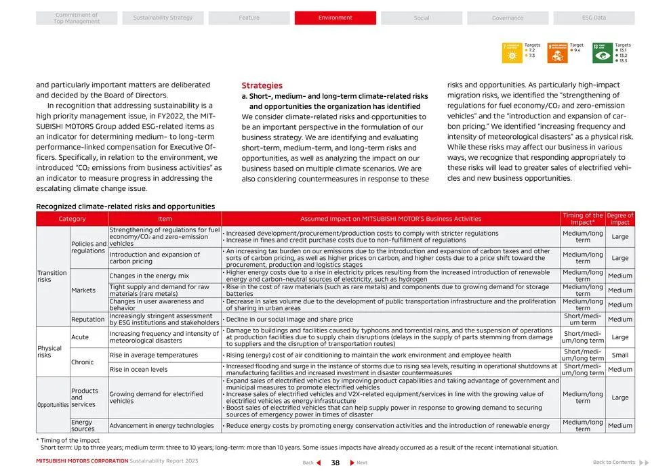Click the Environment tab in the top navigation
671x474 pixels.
(335, 18)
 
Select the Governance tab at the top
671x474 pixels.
(508, 18)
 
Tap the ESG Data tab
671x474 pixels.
(594, 18)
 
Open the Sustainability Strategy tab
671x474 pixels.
(163, 18)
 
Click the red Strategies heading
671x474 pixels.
(262, 86)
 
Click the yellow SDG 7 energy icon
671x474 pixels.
(512, 53)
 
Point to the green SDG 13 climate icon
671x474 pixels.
(602, 53)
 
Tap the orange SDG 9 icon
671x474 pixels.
(557, 53)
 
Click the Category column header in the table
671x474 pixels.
(72, 219)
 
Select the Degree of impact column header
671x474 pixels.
(619, 219)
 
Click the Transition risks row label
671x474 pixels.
(52, 276)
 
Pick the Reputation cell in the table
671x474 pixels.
(88, 319)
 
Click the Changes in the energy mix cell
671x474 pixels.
(150, 276)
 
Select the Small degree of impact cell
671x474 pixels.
(619, 355)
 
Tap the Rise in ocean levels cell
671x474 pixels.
(139, 370)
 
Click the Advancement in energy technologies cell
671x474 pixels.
(161, 426)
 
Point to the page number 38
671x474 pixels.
(335, 462)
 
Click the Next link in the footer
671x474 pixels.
(359, 462)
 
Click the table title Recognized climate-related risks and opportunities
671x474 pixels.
(125, 207)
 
